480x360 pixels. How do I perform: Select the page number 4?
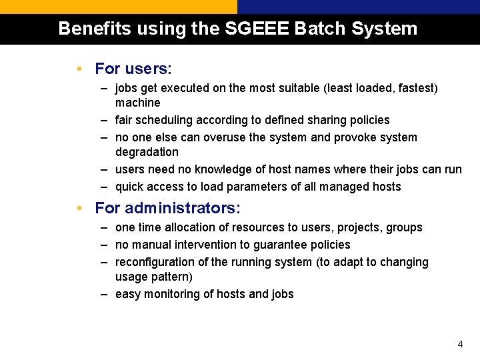pyautogui.click(x=460, y=345)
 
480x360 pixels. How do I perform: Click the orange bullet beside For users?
pyautogui.click(x=79, y=69)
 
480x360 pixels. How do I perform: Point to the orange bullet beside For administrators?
pyautogui.click(x=79, y=208)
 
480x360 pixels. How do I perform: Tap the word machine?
pyautogui.click(x=137, y=103)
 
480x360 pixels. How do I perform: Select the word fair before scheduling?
pyautogui.click(x=125, y=120)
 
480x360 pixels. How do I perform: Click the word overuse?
pyautogui.click(x=225, y=137)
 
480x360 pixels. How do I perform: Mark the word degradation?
pyautogui.click(x=147, y=152)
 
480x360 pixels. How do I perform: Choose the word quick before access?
pyautogui.click(x=129, y=187)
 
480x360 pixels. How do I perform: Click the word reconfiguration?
pyautogui.click(x=156, y=262)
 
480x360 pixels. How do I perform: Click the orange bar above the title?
pyautogui.click(x=118, y=7)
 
